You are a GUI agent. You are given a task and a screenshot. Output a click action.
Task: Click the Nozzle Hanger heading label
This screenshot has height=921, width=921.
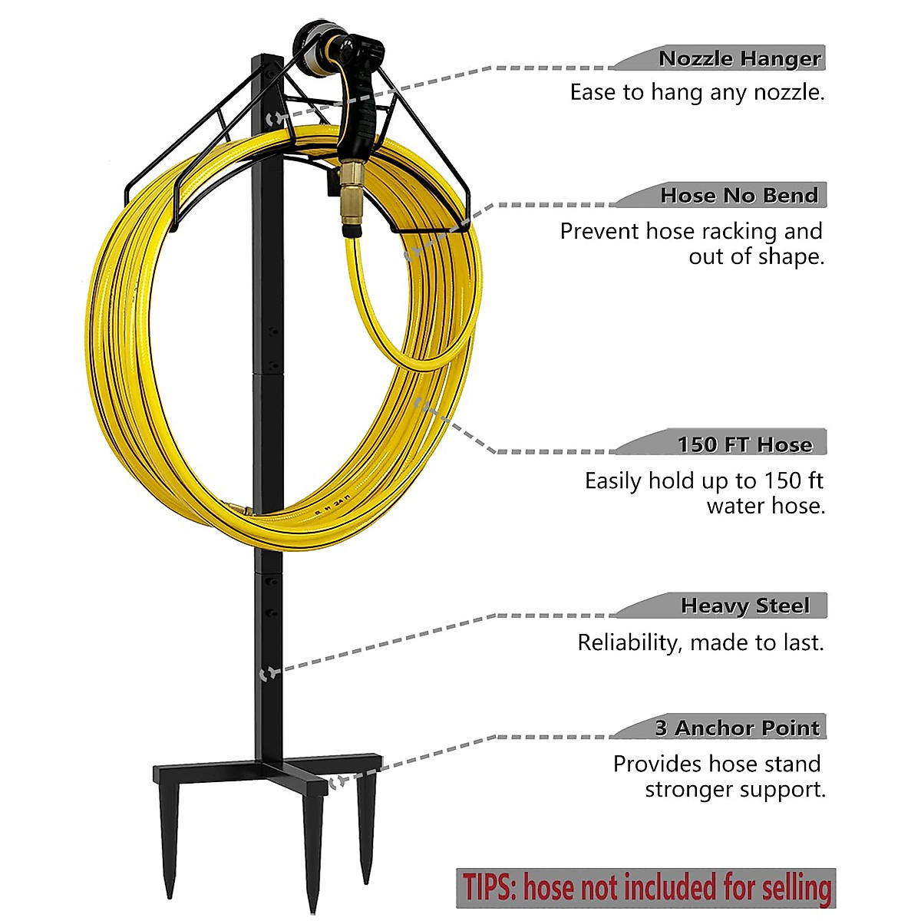[740, 58]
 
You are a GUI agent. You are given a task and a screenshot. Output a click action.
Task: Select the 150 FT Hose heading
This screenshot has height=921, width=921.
[744, 444]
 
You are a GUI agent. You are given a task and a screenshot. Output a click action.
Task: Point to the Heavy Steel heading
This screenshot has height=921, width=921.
[744, 606]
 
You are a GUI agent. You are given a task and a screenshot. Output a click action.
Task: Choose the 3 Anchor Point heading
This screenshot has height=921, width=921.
[737, 728]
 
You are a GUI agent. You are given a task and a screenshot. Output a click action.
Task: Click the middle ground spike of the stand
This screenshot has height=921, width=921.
[313, 852]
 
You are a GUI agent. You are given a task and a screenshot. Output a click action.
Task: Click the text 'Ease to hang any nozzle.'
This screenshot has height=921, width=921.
[697, 93]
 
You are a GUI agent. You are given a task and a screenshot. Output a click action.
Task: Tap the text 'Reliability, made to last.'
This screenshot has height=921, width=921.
[700, 642]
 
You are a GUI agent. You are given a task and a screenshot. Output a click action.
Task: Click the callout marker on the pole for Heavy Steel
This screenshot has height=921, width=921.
[269, 674]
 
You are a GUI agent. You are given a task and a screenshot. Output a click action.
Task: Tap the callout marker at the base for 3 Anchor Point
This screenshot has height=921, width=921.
[338, 781]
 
